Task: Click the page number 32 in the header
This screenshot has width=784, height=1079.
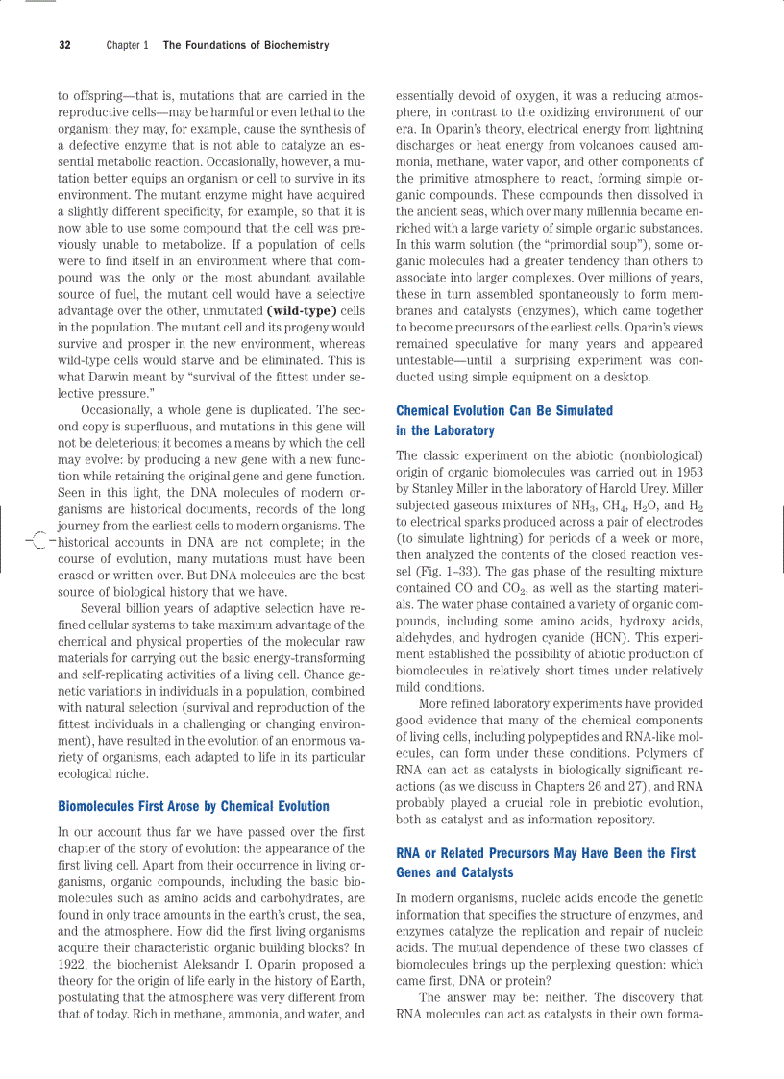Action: click(64, 45)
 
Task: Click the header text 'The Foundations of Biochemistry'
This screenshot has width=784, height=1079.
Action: click(246, 45)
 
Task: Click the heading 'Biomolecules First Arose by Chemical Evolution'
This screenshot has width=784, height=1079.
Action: click(193, 806)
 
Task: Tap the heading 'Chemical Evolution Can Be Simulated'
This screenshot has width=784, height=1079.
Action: click(503, 410)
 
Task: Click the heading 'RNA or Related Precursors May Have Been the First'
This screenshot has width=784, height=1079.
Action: click(546, 853)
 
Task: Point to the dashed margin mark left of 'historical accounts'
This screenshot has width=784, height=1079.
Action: click(37, 542)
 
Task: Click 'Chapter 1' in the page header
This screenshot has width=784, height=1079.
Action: click(127, 45)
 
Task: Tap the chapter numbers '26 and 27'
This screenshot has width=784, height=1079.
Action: click(604, 786)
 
